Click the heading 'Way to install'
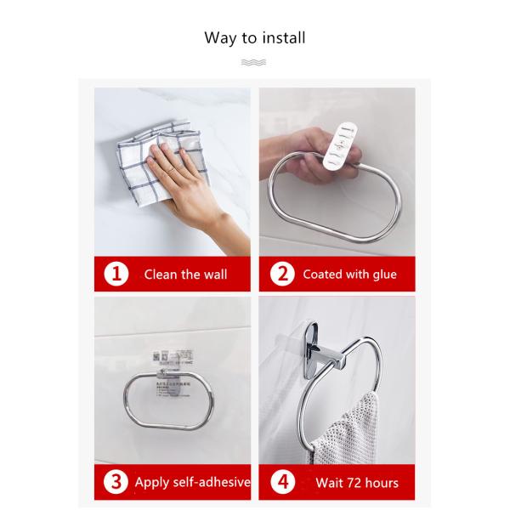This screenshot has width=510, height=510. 255,37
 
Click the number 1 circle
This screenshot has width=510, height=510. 116,275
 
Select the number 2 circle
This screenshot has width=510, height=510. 282,275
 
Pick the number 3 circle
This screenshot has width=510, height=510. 116,483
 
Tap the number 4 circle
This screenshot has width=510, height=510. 282,483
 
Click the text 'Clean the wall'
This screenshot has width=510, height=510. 184,275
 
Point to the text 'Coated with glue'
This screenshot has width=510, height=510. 349,275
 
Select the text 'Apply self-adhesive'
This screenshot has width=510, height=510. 192,483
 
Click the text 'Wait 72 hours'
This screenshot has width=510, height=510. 356,483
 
